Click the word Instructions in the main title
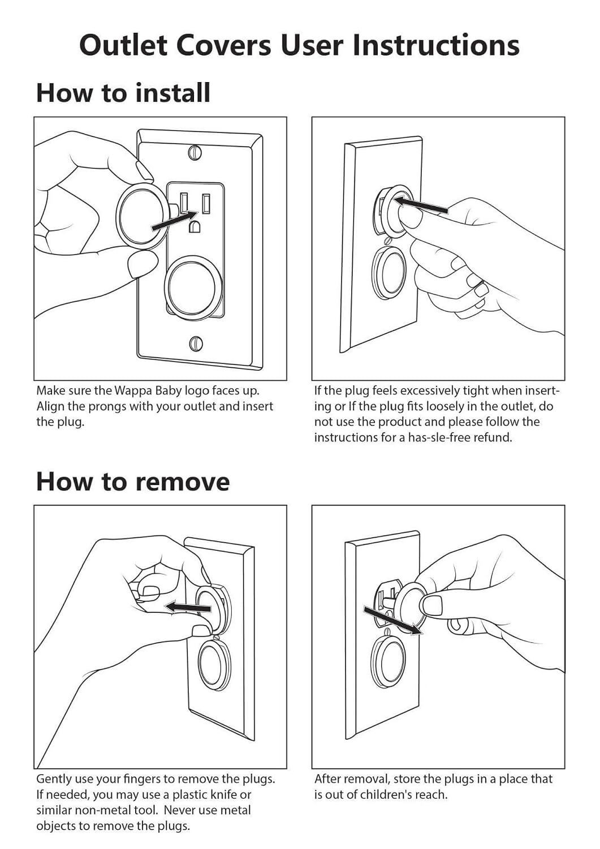click(435, 45)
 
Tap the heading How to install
click(123, 92)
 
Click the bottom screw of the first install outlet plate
click(196, 344)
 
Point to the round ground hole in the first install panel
click(195, 226)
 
